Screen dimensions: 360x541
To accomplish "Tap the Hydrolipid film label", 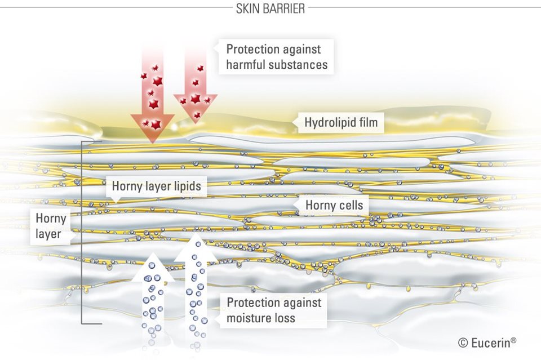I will click(x=341, y=122).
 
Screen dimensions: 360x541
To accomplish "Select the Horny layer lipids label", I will click(x=156, y=185).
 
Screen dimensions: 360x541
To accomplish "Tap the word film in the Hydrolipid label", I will click(x=369, y=122).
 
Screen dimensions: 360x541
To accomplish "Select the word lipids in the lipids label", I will click(x=185, y=185).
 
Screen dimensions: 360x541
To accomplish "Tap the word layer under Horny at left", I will click(x=48, y=233).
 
